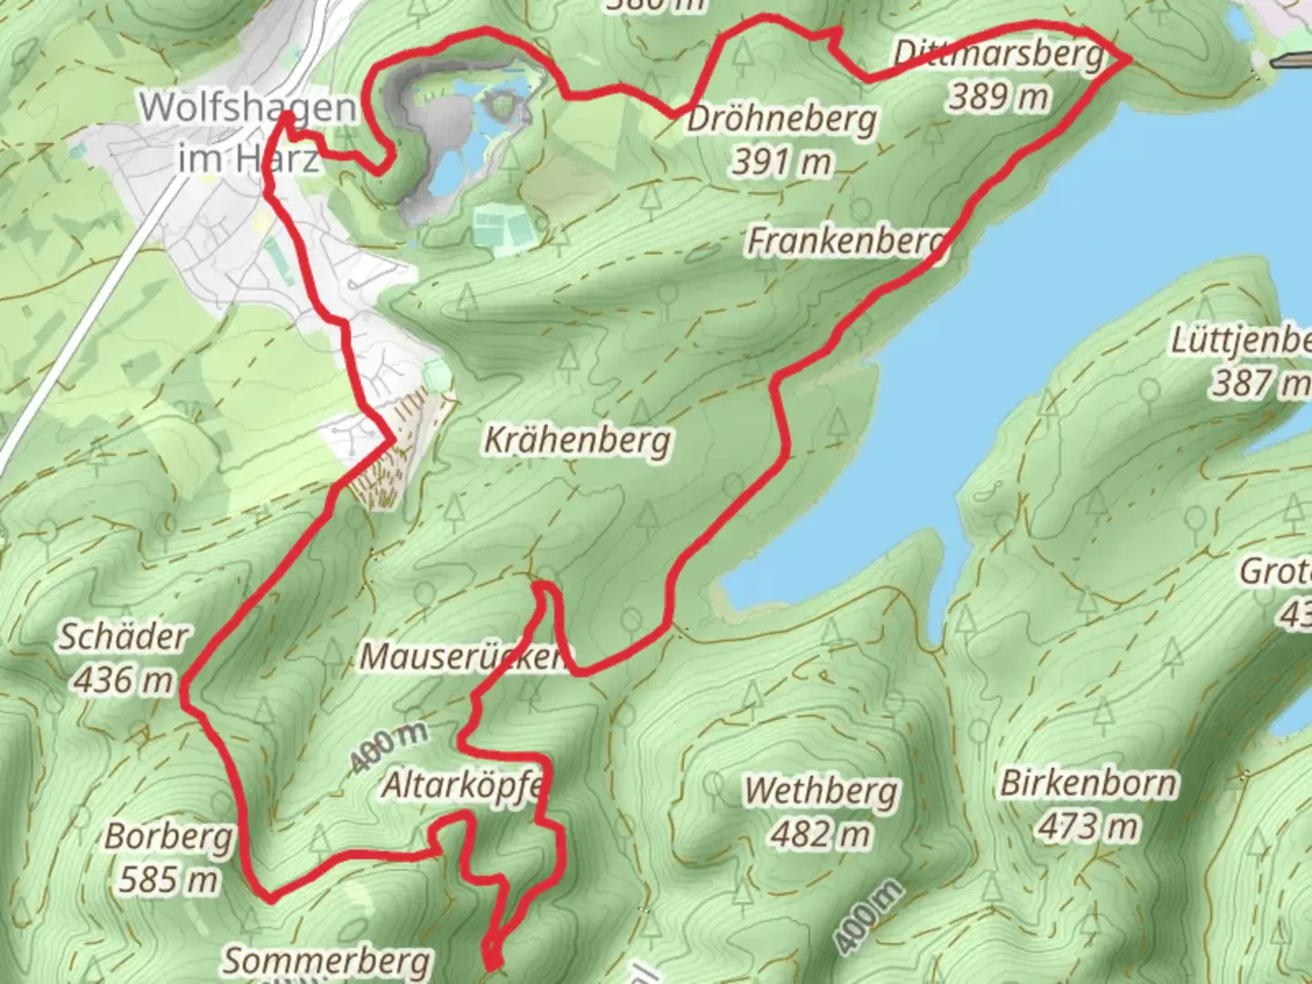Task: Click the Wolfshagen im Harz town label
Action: (248, 132)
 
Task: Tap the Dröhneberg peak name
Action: (782, 119)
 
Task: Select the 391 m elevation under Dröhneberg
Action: (782, 162)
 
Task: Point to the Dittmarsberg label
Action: (999, 54)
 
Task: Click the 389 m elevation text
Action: (999, 96)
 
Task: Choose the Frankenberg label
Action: (846, 241)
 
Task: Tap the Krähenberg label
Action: (578, 440)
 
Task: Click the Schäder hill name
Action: (124, 636)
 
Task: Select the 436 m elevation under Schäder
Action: (124, 679)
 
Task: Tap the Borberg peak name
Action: (169, 835)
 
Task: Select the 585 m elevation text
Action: (169, 879)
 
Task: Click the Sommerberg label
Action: (327, 960)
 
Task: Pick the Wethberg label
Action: (821, 791)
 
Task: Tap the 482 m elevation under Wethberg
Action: (821, 834)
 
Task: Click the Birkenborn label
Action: (1088, 784)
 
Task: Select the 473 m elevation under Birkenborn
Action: (1088, 826)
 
